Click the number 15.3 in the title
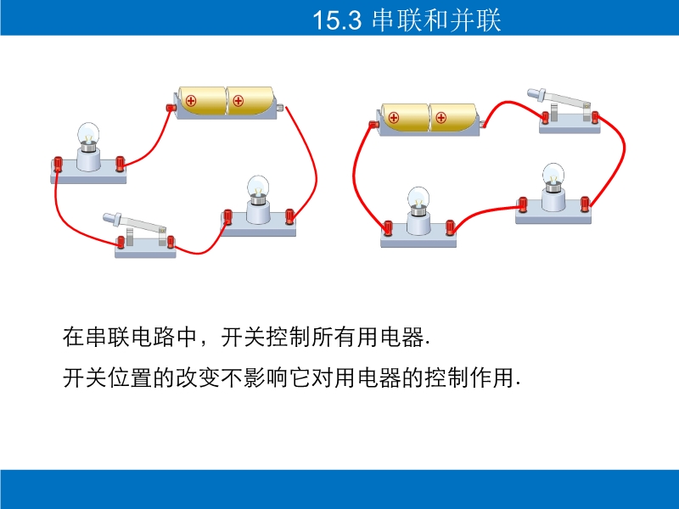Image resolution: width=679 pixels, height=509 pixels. [x=336, y=20]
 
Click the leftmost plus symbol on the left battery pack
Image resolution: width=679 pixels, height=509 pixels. [x=190, y=101]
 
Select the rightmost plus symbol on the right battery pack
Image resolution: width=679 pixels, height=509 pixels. [x=441, y=117]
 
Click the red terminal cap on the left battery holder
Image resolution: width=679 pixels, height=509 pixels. [x=171, y=108]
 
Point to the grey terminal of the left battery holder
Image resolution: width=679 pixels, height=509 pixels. [x=280, y=108]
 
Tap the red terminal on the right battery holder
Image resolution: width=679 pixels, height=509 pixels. [x=373, y=125]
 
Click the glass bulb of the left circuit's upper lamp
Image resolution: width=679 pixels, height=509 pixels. [x=88, y=134]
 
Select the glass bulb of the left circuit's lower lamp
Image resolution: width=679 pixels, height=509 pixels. [x=258, y=187]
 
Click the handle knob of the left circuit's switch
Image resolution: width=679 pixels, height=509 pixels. [x=112, y=219]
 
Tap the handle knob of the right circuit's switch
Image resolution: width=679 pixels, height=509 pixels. [x=536, y=93]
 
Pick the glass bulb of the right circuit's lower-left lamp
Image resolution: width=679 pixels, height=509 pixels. [x=418, y=199]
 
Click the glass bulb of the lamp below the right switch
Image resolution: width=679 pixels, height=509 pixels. [x=553, y=175]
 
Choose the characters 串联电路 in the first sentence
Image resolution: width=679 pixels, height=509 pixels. [x=131, y=337]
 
